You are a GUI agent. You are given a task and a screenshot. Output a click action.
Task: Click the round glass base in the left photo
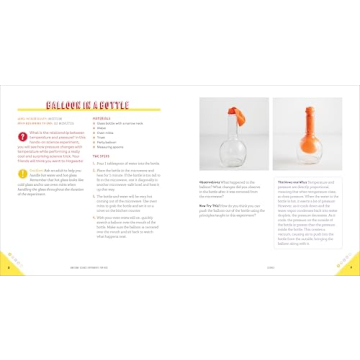[x=229, y=151]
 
